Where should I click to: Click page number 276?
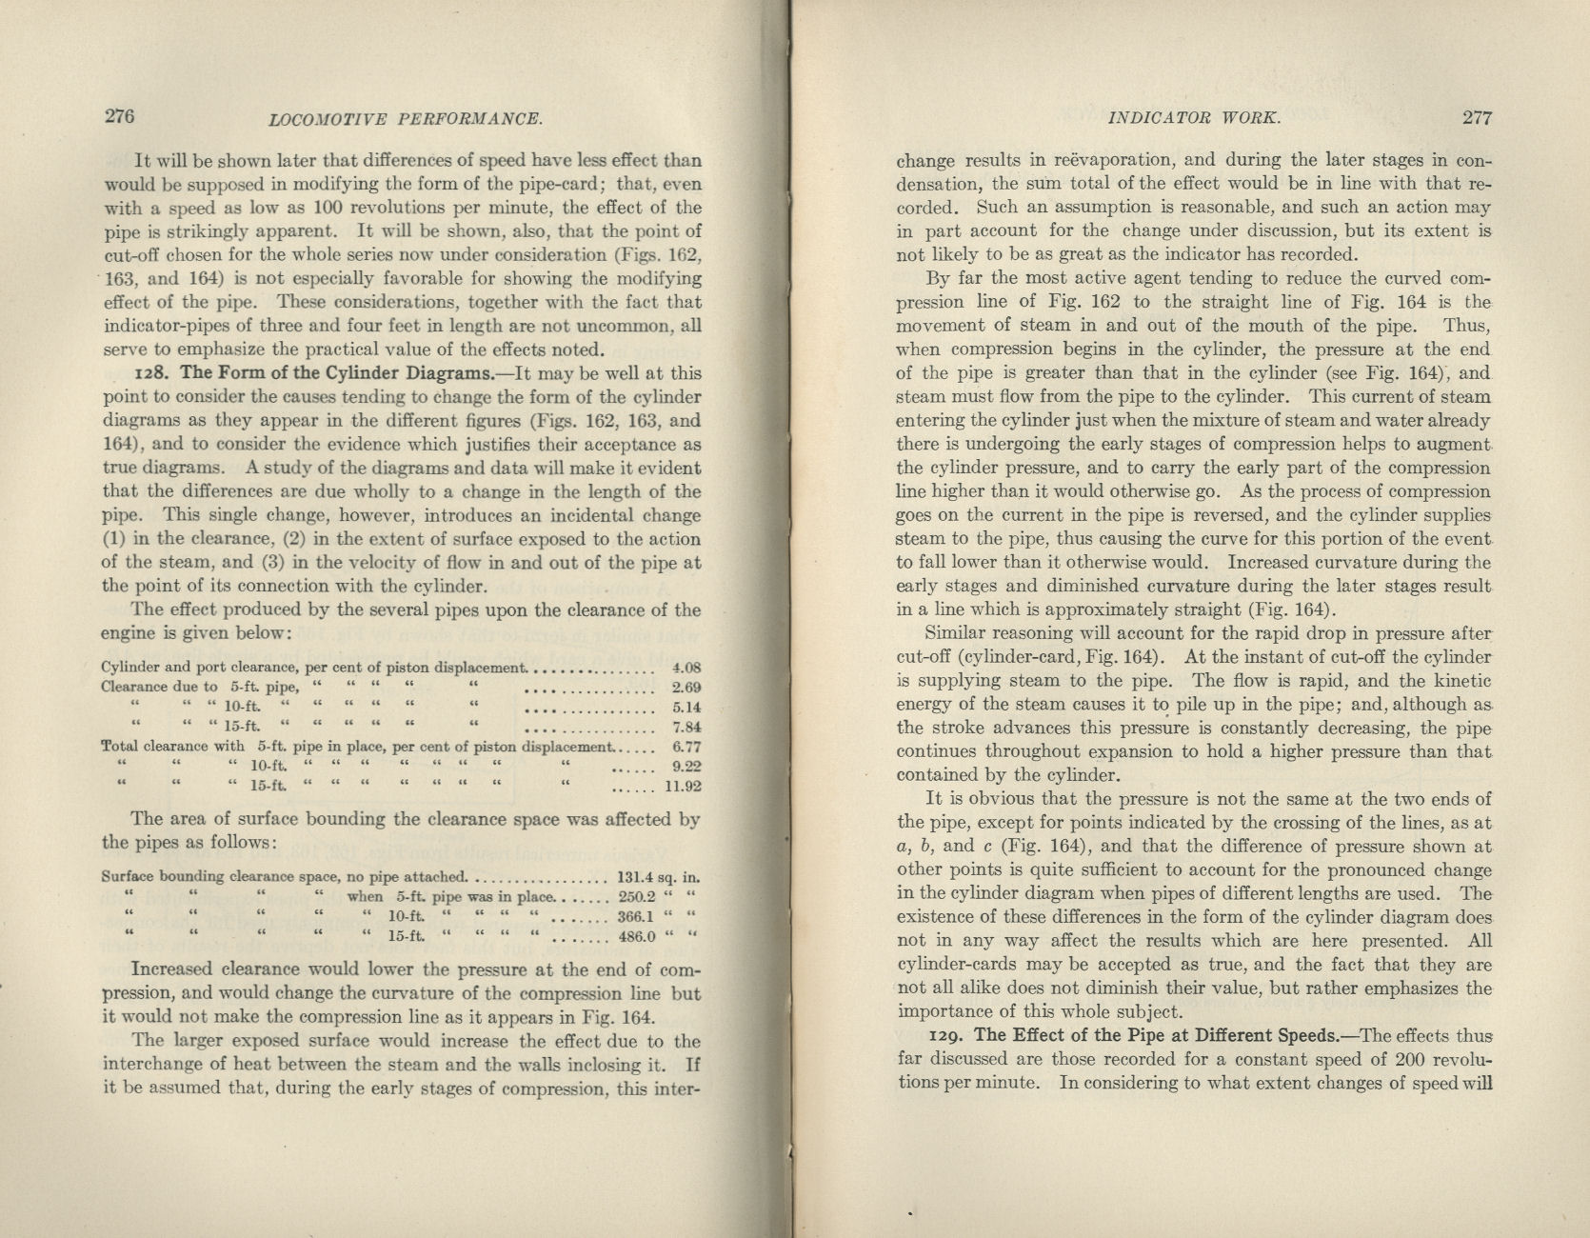click(119, 116)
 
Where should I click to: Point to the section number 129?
click(945, 1036)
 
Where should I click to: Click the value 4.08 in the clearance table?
click(686, 668)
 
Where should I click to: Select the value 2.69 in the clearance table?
click(686, 687)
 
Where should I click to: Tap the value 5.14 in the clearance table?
click(686, 708)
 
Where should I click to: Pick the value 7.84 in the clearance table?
click(686, 729)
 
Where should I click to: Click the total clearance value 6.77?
click(686, 747)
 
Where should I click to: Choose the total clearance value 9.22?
click(686, 766)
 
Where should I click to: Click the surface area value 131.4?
click(637, 877)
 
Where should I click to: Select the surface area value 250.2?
click(637, 896)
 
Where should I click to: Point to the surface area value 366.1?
click(637, 917)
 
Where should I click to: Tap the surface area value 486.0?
click(637, 936)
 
